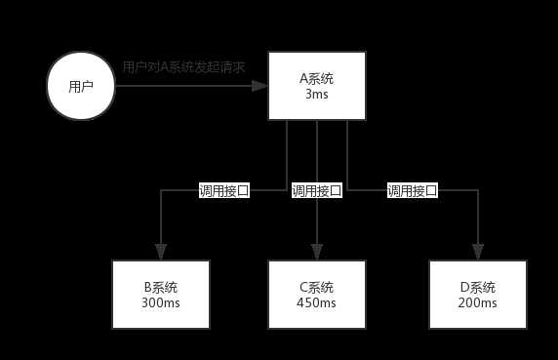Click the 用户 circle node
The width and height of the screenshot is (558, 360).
coord(81,86)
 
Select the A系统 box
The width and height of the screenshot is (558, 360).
coord(317,86)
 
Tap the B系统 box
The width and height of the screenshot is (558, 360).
coord(160,295)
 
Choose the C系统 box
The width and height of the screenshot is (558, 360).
coord(317,295)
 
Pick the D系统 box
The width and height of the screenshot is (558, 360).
coord(477,295)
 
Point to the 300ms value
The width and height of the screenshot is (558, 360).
coord(160,303)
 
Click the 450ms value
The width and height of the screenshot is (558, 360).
coord(317,303)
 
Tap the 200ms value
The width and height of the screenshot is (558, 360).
coord(477,303)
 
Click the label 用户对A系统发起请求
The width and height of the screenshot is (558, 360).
coord(183,67)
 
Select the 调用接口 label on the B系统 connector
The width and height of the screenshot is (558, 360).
coord(224,190)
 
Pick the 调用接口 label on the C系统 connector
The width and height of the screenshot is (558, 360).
coord(317,190)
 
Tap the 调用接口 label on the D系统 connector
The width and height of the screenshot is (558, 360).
coord(412,190)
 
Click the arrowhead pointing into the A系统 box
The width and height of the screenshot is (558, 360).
coord(260,86)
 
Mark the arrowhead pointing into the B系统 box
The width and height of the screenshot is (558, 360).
coord(160,252)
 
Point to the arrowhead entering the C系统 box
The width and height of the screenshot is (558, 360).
coord(317,252)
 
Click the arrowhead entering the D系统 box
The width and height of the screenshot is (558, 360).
coord(477,252)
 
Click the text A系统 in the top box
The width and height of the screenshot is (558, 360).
coord(317,78)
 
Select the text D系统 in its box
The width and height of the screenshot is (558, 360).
coord(477,287)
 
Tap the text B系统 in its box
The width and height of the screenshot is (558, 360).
coord(160,287)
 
